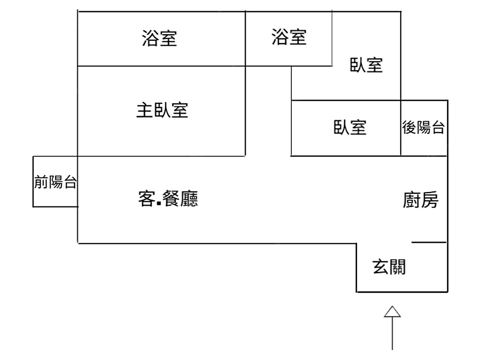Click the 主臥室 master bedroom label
click(x=162, y=111)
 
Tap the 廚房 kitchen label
click(x=420, y=200)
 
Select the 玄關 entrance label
click(x=389, y=267)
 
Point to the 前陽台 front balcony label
click(x=55, y=182)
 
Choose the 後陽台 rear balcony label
click(x=423, y=128)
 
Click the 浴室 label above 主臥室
click(x=159, y=38)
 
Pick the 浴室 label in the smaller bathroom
click(x=289, y=37)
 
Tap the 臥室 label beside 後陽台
click(x=350, y=128)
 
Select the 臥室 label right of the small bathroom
click(x=367, y=65)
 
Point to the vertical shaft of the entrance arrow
click(x=393, y=334)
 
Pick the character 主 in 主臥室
click(x=144, y=111)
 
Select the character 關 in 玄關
click(x=398, y=267)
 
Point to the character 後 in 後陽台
click(x=408, y=128)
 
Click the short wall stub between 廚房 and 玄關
click(x=429, y=242)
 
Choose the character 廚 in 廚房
click(x=411, y=200)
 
